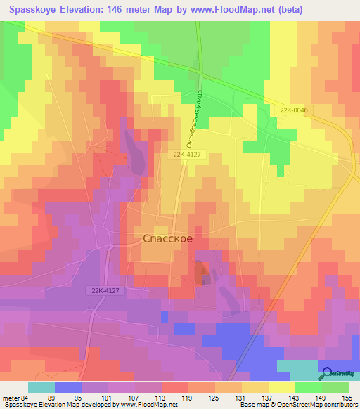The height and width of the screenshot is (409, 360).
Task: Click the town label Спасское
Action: (163, 239)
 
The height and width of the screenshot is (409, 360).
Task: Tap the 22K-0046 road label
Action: (292, 111)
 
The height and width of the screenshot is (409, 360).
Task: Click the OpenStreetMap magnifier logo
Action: (328, 373)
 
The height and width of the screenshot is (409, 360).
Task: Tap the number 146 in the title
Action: (136, 11)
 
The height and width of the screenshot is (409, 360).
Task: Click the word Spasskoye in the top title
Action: (35, 11)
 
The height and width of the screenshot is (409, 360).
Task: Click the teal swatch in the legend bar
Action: (41, 388)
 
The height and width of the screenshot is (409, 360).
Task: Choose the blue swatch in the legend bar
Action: (68, 388)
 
